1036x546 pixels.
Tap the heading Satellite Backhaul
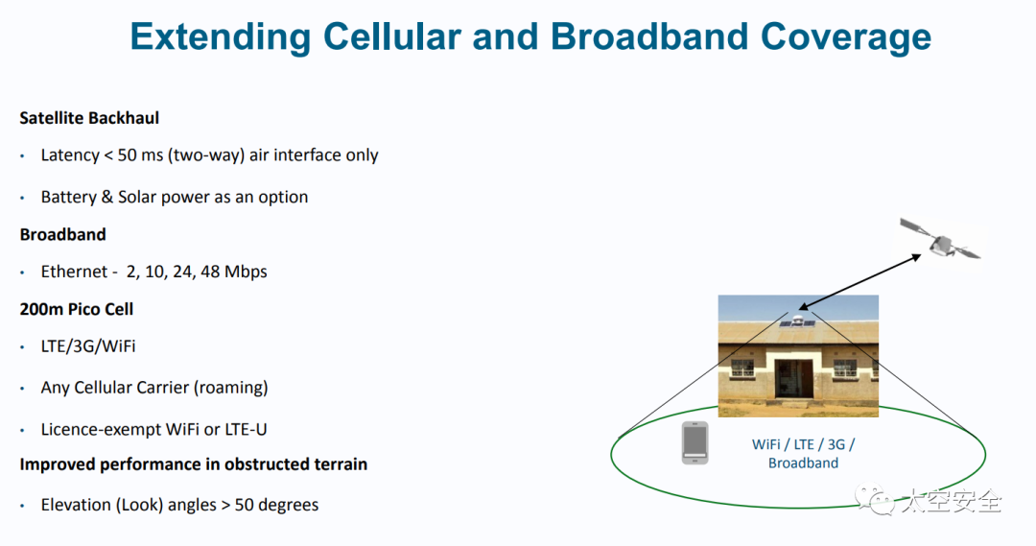[x=89, y=118]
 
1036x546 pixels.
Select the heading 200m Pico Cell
[x=77, y=309]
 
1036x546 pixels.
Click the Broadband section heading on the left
[x=62, y=234]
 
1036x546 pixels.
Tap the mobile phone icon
[x=695, y=443]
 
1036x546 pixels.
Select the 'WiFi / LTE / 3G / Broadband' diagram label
[x=803, y=454]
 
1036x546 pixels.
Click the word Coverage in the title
[x=846, y=36]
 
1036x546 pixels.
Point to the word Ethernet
[x=73, y=272]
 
